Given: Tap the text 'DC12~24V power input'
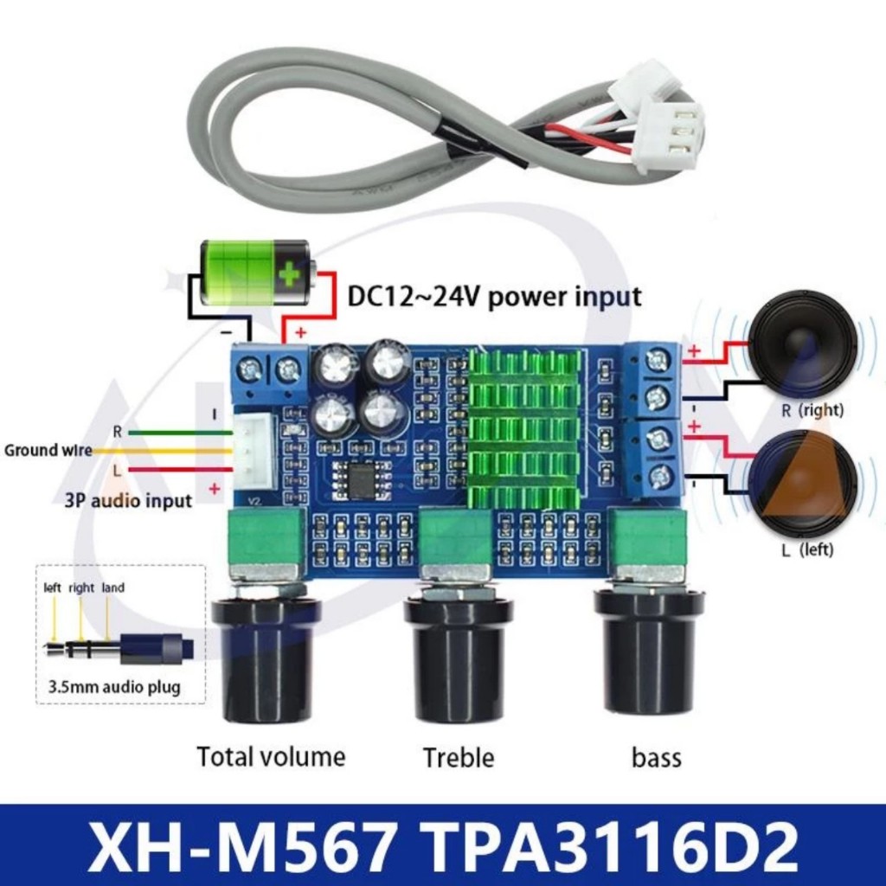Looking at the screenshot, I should coord(494,297).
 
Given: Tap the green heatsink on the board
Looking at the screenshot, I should coord(523,428).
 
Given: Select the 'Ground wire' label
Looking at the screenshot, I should coord(48,451).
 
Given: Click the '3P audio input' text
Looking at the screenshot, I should coord(127,501).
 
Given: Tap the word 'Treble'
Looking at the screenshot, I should coord(459,758).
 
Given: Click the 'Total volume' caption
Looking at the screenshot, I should coord(271,757).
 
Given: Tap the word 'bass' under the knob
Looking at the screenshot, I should coord(656,759).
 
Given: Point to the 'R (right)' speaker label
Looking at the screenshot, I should coord(812,410).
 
